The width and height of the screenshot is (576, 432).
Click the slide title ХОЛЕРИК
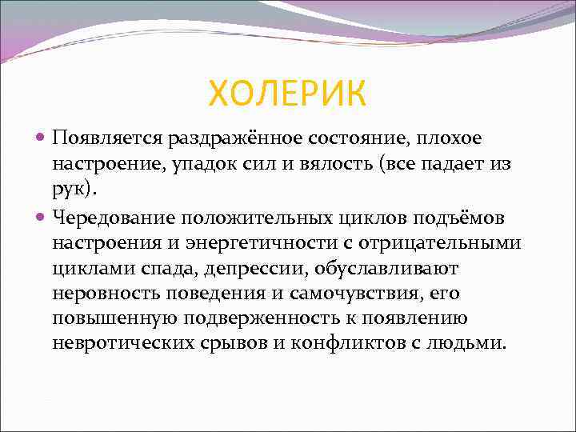(287, 94)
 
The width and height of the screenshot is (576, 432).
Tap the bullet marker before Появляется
(42, 139)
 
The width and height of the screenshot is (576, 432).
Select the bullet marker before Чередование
(42, 217)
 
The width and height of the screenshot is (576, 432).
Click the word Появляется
(107, 138)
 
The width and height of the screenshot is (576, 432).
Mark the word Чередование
(113, 217)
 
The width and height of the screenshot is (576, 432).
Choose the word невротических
(121, 345)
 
